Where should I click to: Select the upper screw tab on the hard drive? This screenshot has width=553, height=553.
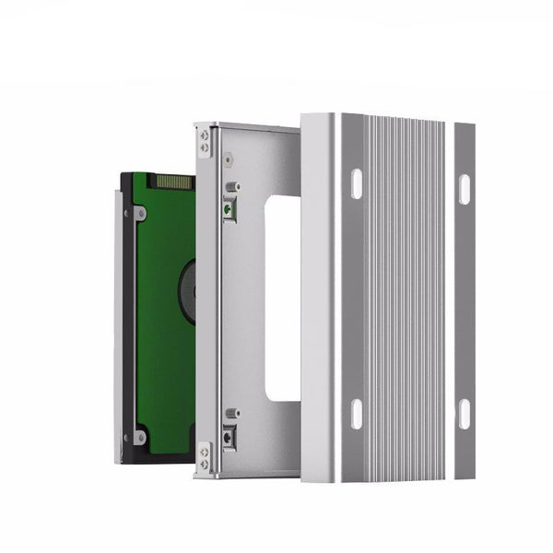click(x=138, y=213)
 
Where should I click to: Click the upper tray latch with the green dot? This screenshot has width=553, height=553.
click(x=229, y=208)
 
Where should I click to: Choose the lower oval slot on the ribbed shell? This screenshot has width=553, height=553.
click(x=356, y=414)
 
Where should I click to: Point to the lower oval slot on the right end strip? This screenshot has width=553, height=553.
click(x=464, y=416)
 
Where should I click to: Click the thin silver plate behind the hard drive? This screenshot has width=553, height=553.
click(x=114, y=323)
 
